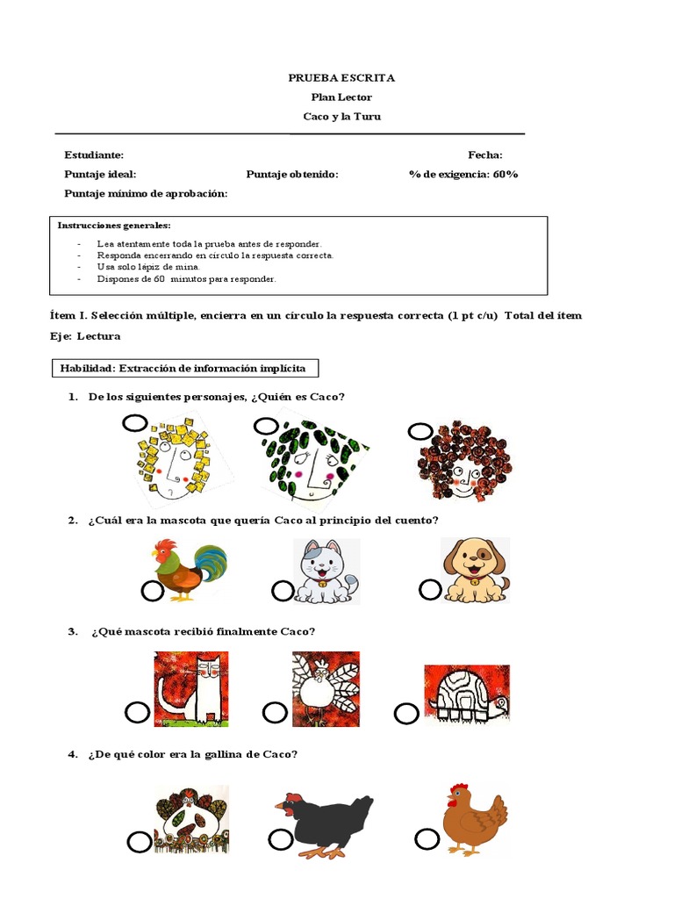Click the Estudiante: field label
[x=94, y=155]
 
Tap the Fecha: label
[x=484, y=155]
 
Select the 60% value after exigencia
[x=505, y=174]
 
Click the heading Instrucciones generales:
[x=114, y=226]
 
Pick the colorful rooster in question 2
[x=189, y=570]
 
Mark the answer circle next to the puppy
[x=430, y=590]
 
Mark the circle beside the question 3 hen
[x=275, y=711]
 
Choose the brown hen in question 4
[x=475, y=818]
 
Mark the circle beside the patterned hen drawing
[x=139, y=843]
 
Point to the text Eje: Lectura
[x=85, y=335]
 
